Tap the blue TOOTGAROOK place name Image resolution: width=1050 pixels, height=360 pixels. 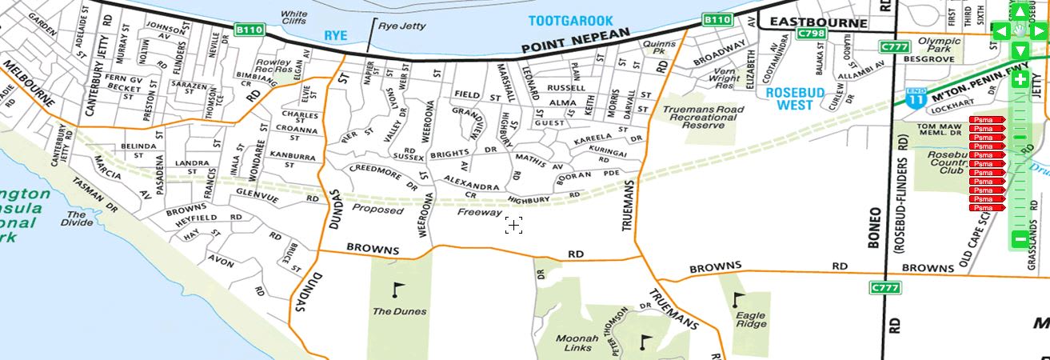570,20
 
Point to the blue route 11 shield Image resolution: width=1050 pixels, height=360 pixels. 916,98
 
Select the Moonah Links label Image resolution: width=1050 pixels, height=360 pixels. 577,343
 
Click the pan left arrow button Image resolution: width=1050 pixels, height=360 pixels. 1000,31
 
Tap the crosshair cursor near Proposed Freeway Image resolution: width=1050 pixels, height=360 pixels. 513,226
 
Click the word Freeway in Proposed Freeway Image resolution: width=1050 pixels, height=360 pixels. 480,213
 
